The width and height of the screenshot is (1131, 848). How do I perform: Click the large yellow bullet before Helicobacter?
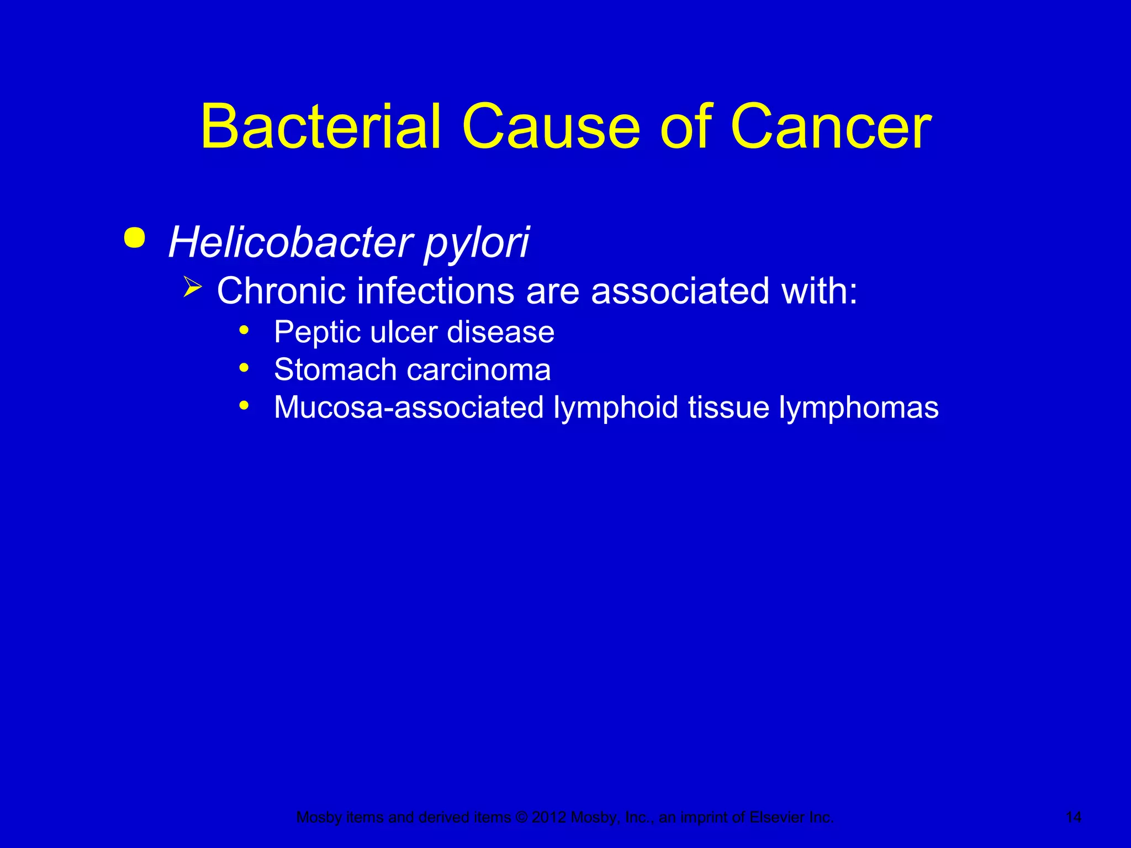(135, 239)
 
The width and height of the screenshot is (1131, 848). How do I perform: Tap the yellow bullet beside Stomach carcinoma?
(244, 368)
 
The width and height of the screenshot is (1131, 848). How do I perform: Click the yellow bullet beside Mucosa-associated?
(244, 405)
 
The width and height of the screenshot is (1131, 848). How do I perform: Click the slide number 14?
(1073, 817)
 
